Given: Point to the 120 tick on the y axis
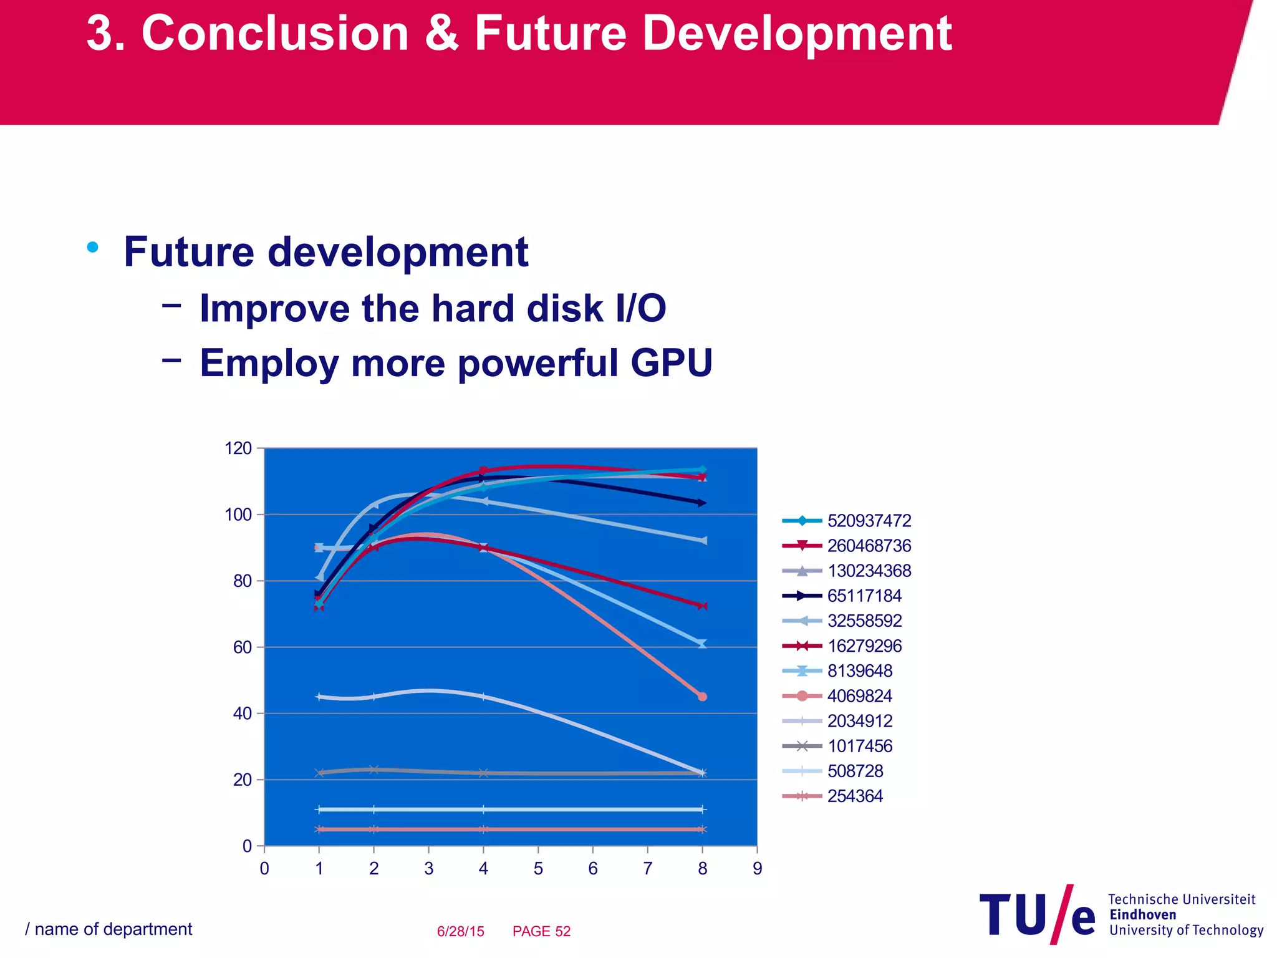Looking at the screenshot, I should pyautogui.click(x=238, y=448).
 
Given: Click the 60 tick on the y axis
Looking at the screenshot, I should pyautogui.click(x=243, y=647).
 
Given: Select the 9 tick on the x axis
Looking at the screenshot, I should pyautogui.click(x=757, y=869).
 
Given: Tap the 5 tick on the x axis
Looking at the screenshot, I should pyautogui.click(x=538, y=869).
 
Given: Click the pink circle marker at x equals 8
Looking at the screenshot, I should pyautogui.click(x=703, y=697).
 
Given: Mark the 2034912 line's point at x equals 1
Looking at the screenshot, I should pyautogui.click(x=319, y=697).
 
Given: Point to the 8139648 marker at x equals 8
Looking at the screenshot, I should pyautogui.click(x=703, y=644).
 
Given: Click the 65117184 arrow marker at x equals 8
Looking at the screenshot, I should pyautogui.click(x=703, y=503).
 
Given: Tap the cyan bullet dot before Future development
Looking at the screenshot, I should pyautogui.click(x=93, y=248).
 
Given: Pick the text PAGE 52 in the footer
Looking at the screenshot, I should pyautogui.click(x=541, y=931).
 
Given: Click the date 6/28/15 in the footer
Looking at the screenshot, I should pyautogui.click(x=460, y=931).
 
